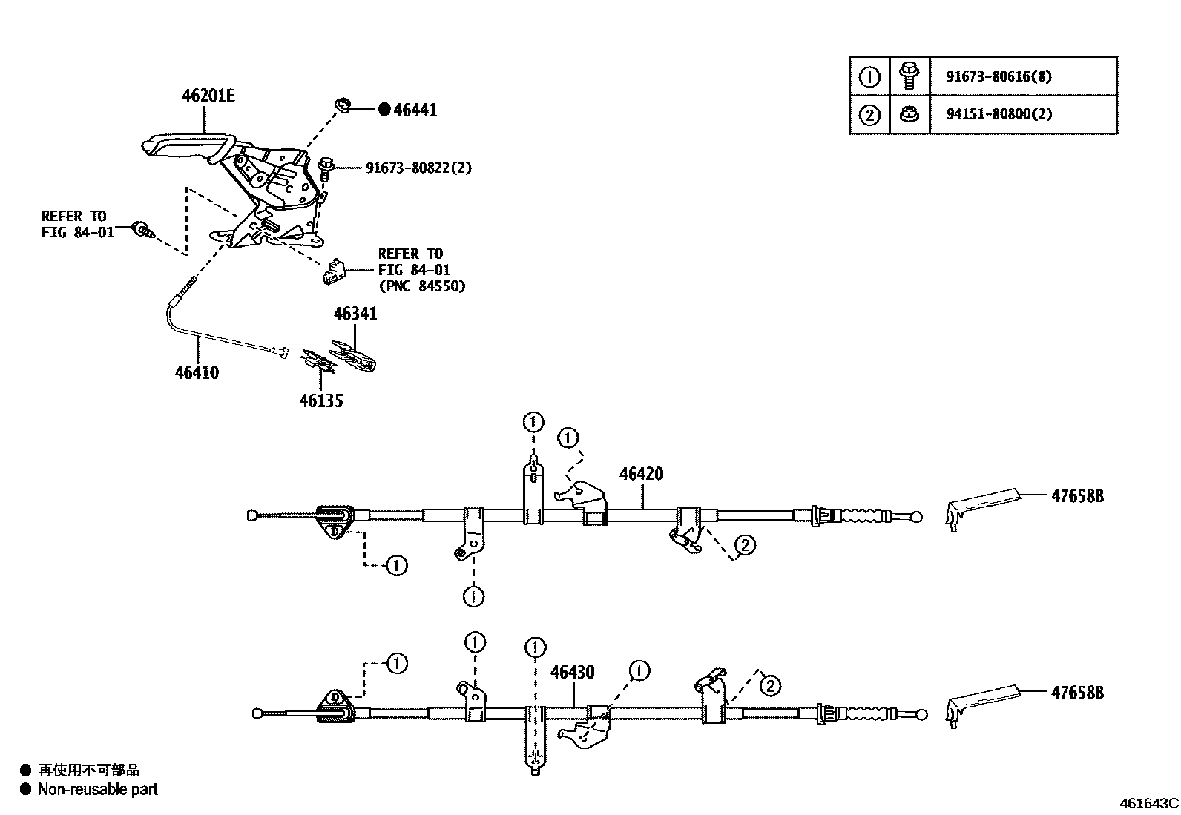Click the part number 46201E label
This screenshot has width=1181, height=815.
click(208, 96)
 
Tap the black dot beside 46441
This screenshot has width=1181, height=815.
click(384, 110)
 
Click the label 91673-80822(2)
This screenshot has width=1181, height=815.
click(418, 168)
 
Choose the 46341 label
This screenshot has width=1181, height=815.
click(355, 314)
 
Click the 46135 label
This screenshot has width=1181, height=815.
click(321, 400)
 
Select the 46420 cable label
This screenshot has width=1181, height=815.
click(641, 474)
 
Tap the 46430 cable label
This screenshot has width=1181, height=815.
click(572, 672)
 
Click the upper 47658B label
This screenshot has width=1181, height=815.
click(1076, 496)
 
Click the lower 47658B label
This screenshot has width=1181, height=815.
click(1076, 693)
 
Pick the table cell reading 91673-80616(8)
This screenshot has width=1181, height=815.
click(999, 76)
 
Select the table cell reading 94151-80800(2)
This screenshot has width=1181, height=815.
click(999, 114)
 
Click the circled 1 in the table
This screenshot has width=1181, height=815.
click(869, 76)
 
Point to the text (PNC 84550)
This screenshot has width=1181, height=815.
click(421, 286)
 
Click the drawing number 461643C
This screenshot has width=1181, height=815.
click(1148, 802)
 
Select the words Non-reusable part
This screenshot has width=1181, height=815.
click(97, 789)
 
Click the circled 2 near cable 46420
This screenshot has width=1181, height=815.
click(745, 545)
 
